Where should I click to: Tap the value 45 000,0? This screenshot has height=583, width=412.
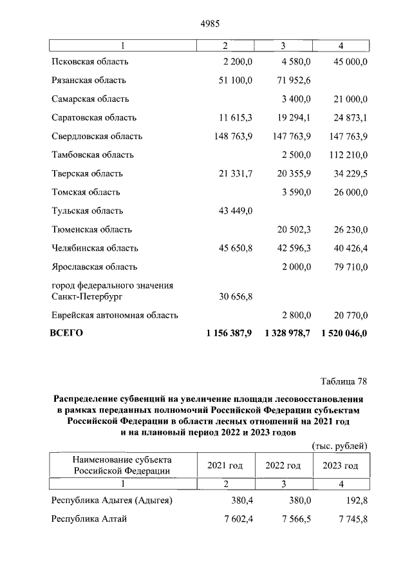(x=348, y=62)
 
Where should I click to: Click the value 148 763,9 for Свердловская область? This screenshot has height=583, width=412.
(x=230, y=137)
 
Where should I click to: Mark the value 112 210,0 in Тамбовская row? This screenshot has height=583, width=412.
(x=346, y=155)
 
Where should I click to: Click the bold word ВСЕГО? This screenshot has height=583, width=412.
(x=66, y=333)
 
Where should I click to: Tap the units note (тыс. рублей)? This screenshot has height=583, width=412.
(x=339, y=445)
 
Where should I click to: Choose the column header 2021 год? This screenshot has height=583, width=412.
(x=225, y=466)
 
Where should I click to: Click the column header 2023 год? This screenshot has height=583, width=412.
(x=340, y=466)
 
